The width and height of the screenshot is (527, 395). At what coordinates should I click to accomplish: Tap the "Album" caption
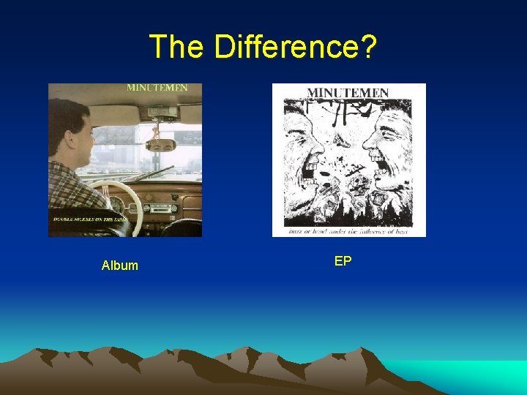point(120,266)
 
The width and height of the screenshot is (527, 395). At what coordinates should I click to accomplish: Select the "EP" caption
point(343,260)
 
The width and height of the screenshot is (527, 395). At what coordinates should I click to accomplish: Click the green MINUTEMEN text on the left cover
point(157,88)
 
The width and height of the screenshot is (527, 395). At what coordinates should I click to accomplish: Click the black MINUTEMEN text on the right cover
point(347,93)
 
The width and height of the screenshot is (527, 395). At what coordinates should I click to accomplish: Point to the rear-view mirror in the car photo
point(160,144)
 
